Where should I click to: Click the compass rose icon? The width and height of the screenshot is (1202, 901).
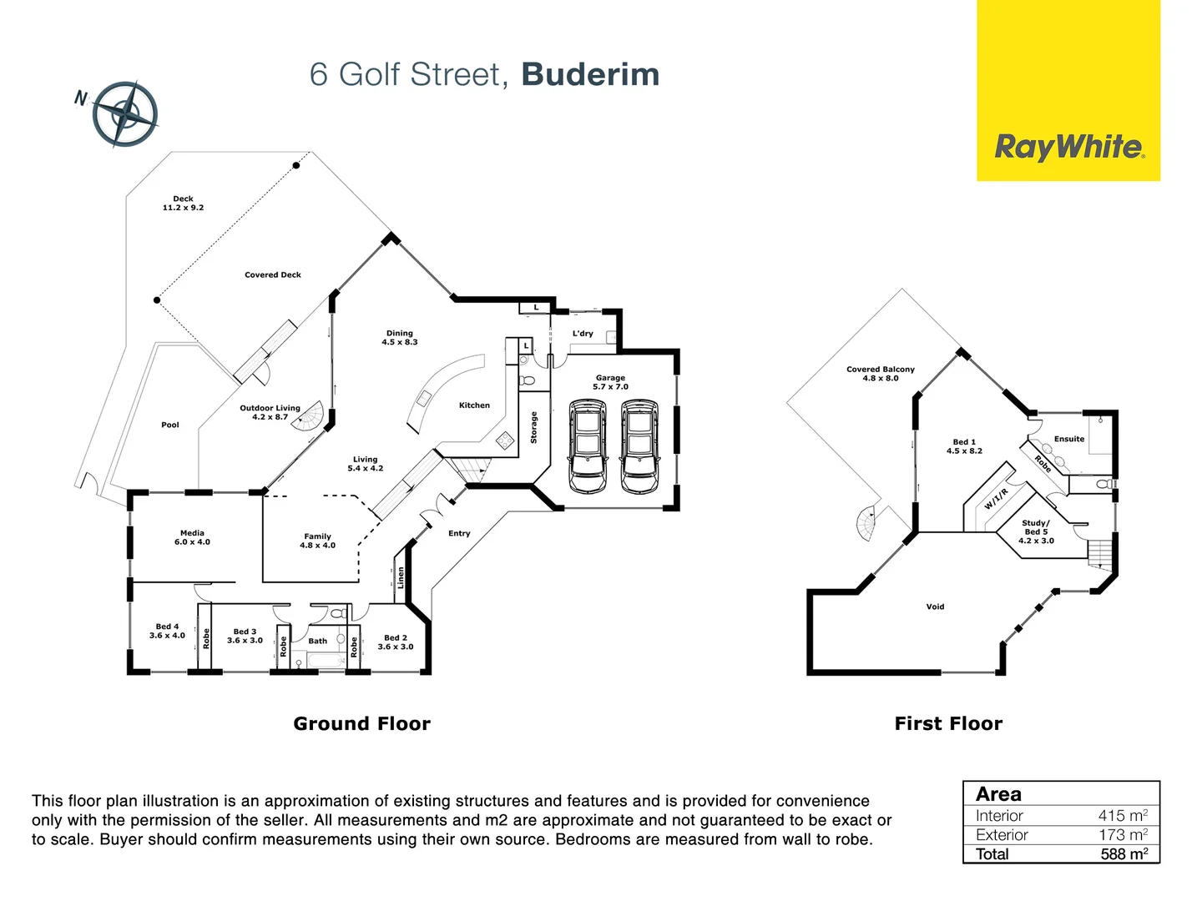click(125, 114)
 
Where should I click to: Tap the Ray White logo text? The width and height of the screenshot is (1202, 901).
click(1069, 148)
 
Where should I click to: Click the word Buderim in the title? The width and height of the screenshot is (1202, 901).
click(590, 74)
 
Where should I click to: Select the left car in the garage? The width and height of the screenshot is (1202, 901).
click(588, 446)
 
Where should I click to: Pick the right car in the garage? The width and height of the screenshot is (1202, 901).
click(640, 446)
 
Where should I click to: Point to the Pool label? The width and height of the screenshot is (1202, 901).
click(170, 425)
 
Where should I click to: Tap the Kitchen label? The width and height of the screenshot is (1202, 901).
click(474, 405)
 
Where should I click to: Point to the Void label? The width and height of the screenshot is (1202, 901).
click(935, 607)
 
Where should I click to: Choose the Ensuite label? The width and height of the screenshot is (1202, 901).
click(1069, 439)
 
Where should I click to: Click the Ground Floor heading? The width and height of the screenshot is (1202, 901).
click(361, 723)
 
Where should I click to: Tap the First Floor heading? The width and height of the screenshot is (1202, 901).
click(948, 723)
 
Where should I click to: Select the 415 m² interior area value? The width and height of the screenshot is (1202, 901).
click(1123, 816)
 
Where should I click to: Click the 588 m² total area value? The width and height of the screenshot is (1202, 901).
click(1124, 854)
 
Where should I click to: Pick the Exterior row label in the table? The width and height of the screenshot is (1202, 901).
click(1002, 835)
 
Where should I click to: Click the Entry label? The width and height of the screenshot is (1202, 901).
click(459, 533)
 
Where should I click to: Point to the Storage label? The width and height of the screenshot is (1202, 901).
click(534, 427)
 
